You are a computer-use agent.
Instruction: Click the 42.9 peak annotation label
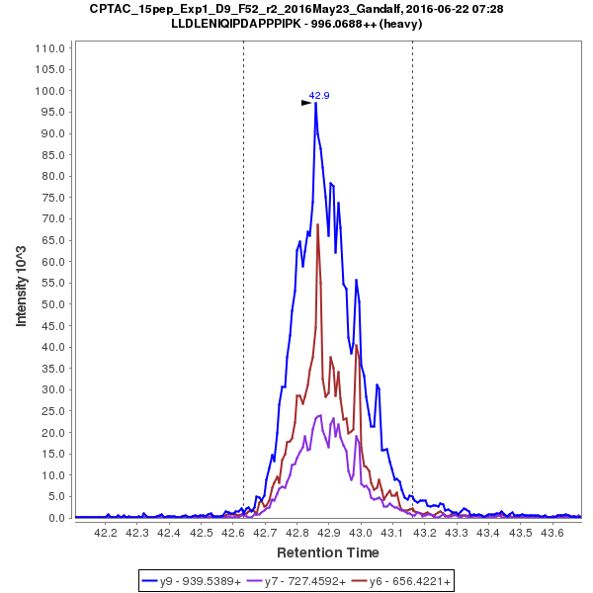coord(319,96)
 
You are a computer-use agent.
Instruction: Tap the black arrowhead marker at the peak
coord(306,102)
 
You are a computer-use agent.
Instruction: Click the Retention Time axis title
coord(327,551)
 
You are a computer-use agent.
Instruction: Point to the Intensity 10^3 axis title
coord(22,282)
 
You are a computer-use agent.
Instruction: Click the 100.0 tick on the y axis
coord(52,91)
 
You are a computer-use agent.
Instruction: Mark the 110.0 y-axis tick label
coord(52,48)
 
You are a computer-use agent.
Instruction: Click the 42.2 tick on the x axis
coord(106,533)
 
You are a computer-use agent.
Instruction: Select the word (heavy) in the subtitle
coord(400,24)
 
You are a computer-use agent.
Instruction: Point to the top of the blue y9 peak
coord(315,103)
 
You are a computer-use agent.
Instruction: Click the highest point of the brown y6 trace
coord(318,225)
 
